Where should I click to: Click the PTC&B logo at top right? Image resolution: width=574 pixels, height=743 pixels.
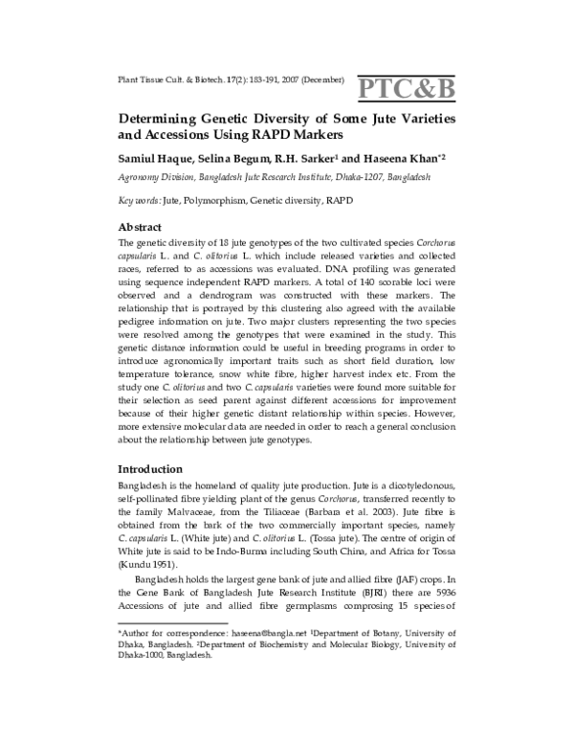click(406, 88)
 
